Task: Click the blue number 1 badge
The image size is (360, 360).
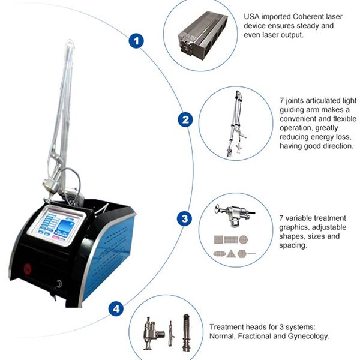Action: tap(137, 41)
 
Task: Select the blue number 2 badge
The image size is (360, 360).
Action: tap(186, 120)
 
